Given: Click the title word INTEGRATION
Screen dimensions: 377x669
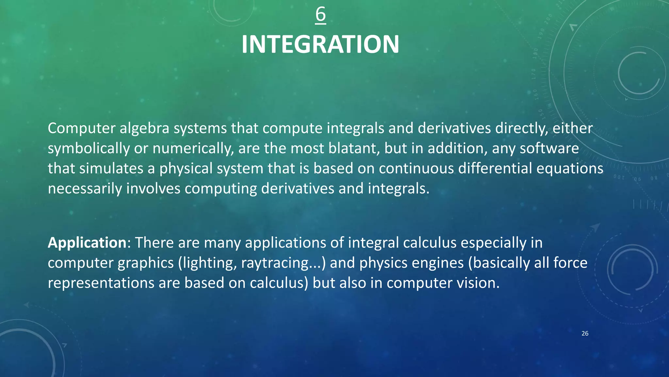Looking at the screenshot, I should point(320,45).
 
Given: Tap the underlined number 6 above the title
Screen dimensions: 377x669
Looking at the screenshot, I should point(320,14).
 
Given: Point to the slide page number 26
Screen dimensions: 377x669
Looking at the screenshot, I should point(585,333).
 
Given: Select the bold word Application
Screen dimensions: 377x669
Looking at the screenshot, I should point(87,243).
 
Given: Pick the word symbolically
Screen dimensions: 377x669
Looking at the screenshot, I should point(89,149).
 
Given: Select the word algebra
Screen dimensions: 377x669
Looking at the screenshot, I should point(144,128).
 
